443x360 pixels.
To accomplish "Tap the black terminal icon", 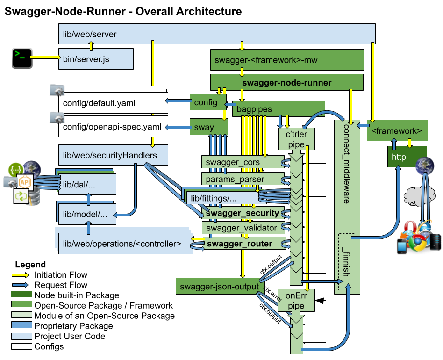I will click(21, 58).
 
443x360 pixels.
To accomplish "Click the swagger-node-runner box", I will click(286, 83).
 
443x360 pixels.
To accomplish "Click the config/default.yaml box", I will click(112, 103).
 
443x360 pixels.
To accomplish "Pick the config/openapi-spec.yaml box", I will click(112, 126).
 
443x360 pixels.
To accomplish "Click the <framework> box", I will click(397, 130).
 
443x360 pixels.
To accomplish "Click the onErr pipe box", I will click(296, 301).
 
